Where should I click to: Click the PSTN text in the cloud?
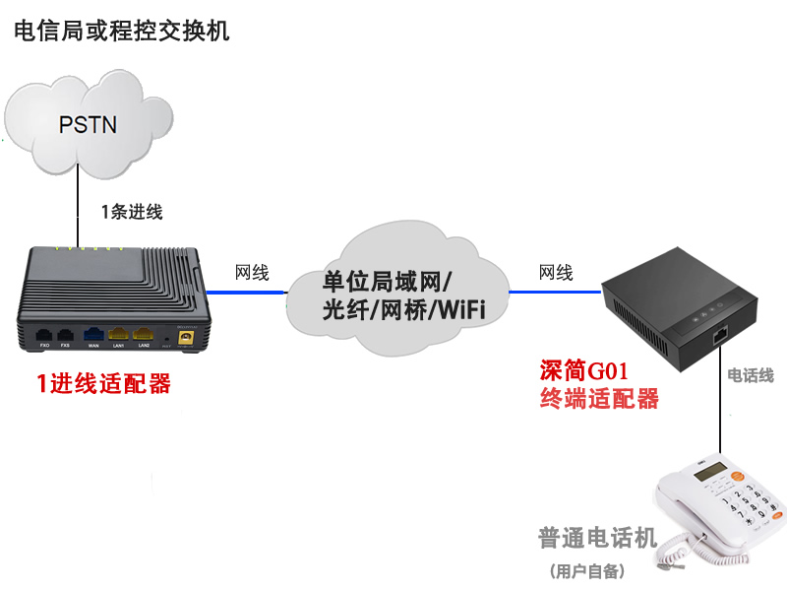(88, 124)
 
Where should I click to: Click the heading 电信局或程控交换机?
(121, 31)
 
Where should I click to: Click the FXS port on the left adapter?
(66, 333)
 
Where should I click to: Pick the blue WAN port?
(94, 333)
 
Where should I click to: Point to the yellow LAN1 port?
(119, 333)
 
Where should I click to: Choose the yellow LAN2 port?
(143, 333)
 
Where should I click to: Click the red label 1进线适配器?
(103, 383)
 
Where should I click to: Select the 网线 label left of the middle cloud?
(252, 273)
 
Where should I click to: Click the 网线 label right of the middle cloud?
(556, 273)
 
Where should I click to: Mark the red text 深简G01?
(584, 370)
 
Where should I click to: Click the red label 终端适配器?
(599, 399)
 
